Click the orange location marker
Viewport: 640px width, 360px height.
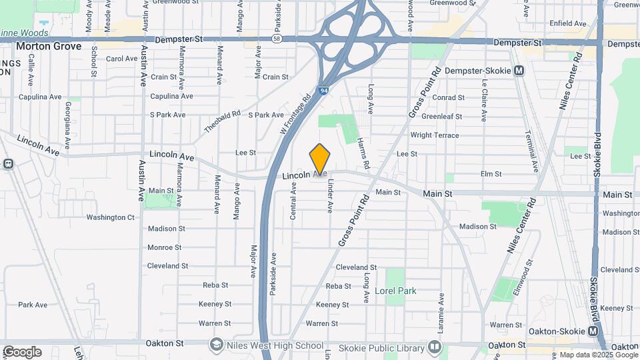[x=320, y=159]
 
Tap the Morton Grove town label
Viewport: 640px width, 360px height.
[x=48, y=47]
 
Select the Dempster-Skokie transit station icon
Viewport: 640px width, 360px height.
[x=520, y=70]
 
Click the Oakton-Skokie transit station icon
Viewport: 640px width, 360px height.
[x=593, y=331]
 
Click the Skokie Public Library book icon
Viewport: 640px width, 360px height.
[x=434, y=347]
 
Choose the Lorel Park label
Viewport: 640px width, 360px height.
[x=395, y=291]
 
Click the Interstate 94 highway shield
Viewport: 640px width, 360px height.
[x=323, y=90]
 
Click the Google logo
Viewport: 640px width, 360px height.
[x=21, y=351]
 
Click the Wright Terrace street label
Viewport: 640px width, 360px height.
[x=434, y=135]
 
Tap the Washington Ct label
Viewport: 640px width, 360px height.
[x=110, y=217]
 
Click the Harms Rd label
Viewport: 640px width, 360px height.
[x=363, y=152]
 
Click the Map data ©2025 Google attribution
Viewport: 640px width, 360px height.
[x=599, y=355]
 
